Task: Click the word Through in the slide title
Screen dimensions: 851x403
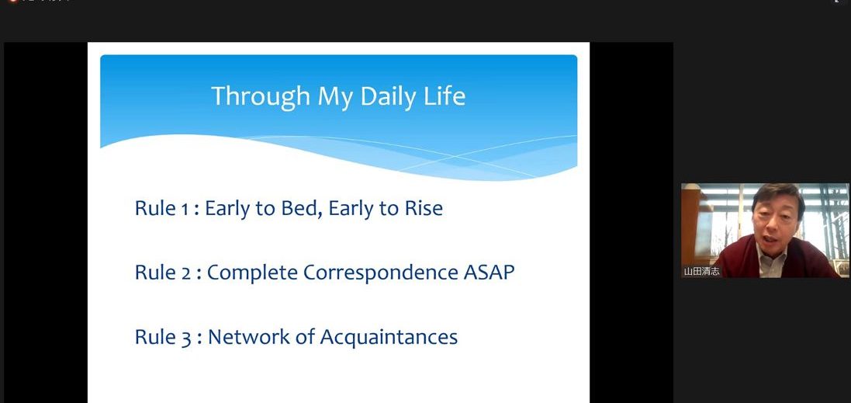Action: (x=261, y=97)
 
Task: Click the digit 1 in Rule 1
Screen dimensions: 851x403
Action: (x=183, y=209)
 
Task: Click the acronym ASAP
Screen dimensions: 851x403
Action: (x=489, y=273)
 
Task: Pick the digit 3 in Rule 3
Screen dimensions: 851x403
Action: (x=185, y=338)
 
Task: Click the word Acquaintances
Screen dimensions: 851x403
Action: (x=389, y=337)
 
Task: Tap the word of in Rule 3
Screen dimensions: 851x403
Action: (x=304, y=337)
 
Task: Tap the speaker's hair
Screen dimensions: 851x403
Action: (x=777, y=194)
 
